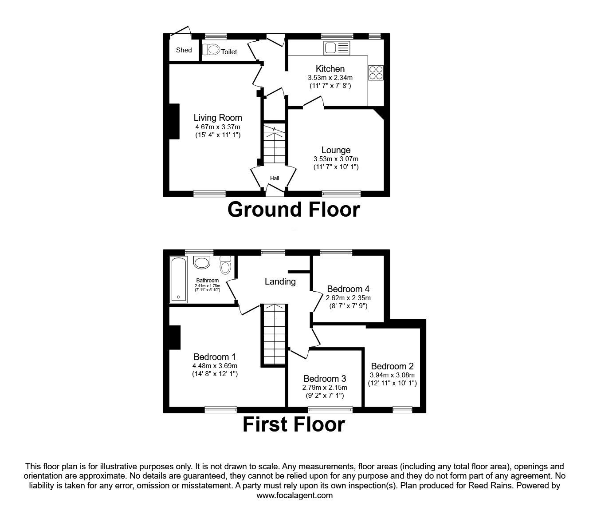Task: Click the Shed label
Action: pyautogui.click(x=184, y=50)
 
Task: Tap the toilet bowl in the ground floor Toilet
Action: pyautogui.click(x=212, y=50)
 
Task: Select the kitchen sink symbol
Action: pyautogui.click(x=337, y=47)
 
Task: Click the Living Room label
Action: pyautogui.click(x=218, y=118)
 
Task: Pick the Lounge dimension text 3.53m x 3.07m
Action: pyautogui.click(x=336, y=159)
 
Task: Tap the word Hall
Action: pyautogui.click(x=275, y=178)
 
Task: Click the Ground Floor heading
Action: pyautogui.click(x=294, y=210)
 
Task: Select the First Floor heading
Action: pyautogui.click(x=294, y=424)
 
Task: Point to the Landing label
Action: pyautogui.click(x=280, y=281)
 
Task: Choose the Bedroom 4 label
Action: pyautogui.click(x=348, y=289)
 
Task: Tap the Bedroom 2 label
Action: pyautogui.click(x=392, y=366)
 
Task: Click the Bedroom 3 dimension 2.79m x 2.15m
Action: pyautogui.click(x=325, y=388)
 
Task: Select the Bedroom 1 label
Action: pyautogui.click(x=215, y=357)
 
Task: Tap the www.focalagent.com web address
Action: pyautogui.click(x=294, y=495)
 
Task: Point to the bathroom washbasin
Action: pyautogui.click(x=202, y=263)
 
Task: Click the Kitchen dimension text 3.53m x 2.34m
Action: pyautogui.click(x=330, y=78)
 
